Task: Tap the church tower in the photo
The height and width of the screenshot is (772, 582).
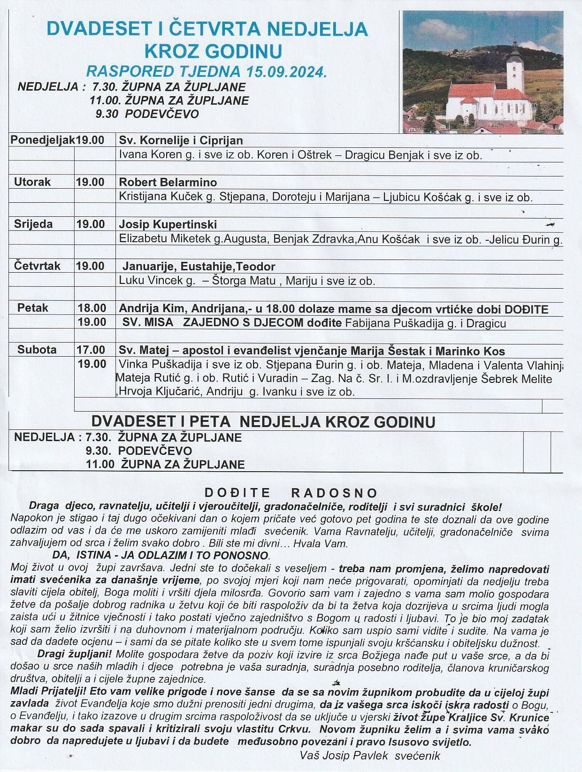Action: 514,66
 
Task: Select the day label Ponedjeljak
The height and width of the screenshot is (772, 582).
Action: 43,140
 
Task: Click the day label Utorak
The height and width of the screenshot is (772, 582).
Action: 32,182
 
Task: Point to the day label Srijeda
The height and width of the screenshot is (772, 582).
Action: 33,224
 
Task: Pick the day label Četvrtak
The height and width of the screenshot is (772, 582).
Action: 37,266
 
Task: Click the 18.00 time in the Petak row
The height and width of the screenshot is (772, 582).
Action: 92,308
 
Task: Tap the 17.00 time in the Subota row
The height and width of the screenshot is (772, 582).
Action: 92,350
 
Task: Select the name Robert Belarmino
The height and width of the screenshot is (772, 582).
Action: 168,182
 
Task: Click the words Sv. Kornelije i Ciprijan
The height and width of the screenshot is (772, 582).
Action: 181,140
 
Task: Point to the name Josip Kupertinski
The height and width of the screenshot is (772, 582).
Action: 168,224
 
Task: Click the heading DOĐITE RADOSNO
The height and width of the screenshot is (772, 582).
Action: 291,493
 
